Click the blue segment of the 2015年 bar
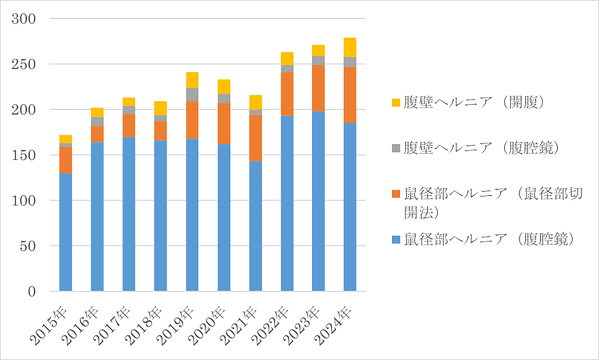tap(66, 232)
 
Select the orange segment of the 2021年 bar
tap(256, 138)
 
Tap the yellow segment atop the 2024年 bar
tap(350, 47)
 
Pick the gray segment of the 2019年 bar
tap(192, 94)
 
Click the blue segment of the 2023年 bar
tap(318, 201)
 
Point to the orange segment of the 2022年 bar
tap(287, 94)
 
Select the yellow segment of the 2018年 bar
tap(160, 108)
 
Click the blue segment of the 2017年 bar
tap(129, 213)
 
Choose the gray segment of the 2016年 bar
tap(97, 121)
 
